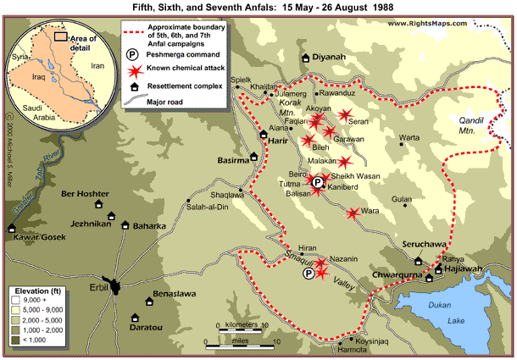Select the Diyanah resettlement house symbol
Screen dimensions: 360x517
click(x=306, y=58)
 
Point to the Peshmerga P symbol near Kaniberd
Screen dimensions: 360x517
click(x=317, y=182)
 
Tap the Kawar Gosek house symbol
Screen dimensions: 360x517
click(x=12, y=227)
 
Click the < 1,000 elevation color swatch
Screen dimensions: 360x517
click(x=18, y=340)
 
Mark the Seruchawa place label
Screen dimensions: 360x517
click(x=428, y=243)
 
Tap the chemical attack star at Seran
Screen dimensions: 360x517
click(x=345, y=115)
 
